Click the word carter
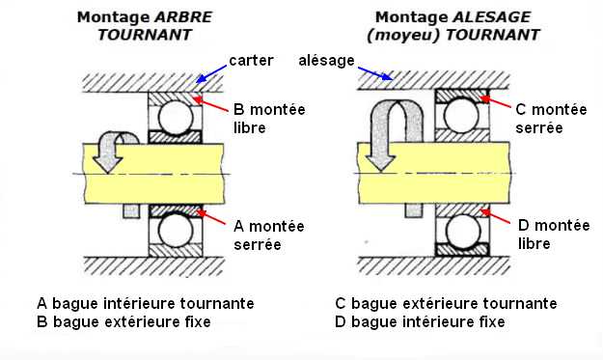(x=251, y=61)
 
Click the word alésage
(x=326, y=61)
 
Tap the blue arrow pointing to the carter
(x=211, y=74)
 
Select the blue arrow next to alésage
(x=375, y=73)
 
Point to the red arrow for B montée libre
(x=210, y=104)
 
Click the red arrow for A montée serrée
(x=210, y=217)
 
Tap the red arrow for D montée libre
(x=496, y=216)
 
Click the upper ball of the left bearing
(x=176, y=118)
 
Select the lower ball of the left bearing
(x=176, y=230)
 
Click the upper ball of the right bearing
(x=461, y=115)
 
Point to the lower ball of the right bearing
(x=463, y=231)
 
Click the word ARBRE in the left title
(x=183, y=17)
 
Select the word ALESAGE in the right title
(x=492, y=17)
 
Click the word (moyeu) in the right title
(x=403, y=36)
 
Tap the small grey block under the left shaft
(x=131, y=210)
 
